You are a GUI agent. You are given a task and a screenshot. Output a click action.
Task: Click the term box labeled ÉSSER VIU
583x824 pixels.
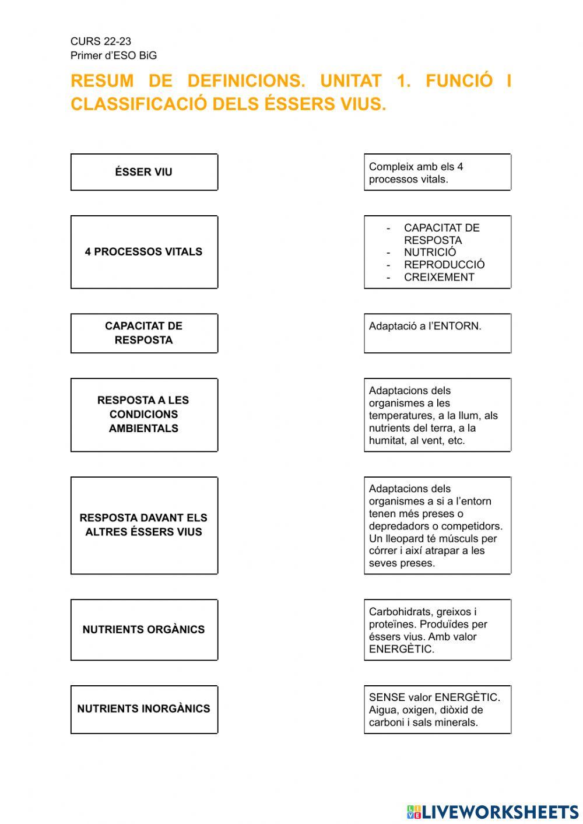click(x=144, y=172)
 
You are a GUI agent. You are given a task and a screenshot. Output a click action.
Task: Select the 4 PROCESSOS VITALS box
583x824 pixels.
click(x=144, y=252)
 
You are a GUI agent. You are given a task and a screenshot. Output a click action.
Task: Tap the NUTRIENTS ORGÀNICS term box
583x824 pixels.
click(x=144, y=630)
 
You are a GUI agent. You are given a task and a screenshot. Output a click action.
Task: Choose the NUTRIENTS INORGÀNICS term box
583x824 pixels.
click(x=144, y=709)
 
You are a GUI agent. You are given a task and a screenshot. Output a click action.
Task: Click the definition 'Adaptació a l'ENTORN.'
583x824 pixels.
click(x=425, y=327)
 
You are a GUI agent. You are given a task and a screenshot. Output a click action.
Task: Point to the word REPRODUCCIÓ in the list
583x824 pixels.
click(x=444, y=265)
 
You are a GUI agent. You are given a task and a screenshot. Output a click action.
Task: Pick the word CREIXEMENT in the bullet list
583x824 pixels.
click(x=439, y=278)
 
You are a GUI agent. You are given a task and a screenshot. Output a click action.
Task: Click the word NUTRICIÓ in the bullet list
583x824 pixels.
click(x=430, y=253)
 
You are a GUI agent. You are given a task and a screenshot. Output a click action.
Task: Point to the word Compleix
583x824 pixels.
click(x=391, y=167)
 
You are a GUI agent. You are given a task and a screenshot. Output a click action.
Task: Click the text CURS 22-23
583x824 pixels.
click(x=101, y=41)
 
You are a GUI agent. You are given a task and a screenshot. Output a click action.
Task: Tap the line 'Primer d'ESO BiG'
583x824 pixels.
click(x=114, y=56)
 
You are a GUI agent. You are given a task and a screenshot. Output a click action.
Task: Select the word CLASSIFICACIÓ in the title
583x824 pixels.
click(x=139, y=104)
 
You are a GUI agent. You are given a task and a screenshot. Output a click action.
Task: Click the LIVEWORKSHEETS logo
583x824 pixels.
click(x=493, y=812)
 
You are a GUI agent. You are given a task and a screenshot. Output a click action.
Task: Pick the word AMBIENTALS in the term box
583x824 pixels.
click(x=143, y=429)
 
